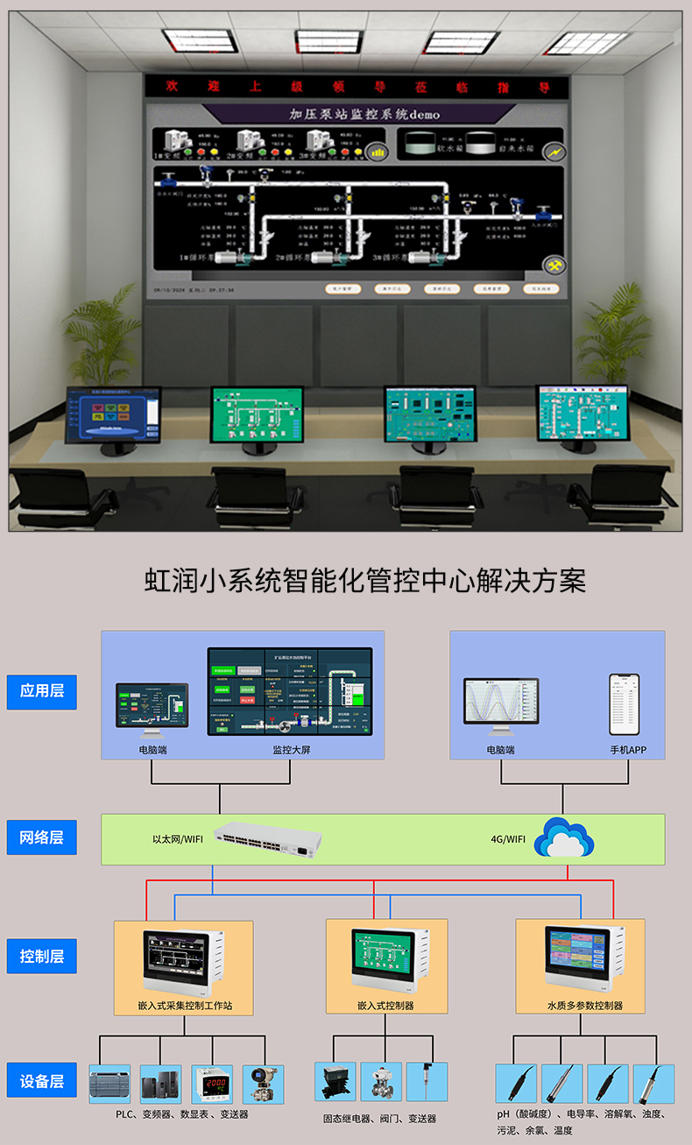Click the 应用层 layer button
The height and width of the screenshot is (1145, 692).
pos(41,691)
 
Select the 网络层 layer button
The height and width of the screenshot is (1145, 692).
pos(41,838)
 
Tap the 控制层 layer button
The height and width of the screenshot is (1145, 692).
pos(41,956)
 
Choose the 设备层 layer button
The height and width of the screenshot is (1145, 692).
pos(41,1081)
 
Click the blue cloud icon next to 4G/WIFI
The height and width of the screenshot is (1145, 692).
pos(564,838)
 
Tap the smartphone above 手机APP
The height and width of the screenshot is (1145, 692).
pos(625,704)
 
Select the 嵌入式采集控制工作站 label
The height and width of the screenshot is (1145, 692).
pos(184,1006)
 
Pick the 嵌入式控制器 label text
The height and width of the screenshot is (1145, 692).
pos(386,1006)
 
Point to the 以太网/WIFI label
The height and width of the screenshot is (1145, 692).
pos(178,839)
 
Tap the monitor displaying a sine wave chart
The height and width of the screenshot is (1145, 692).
pos(501,703)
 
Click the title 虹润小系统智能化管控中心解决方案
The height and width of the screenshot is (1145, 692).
pos(364,581)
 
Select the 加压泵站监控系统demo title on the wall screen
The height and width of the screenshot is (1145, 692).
pos(364,115)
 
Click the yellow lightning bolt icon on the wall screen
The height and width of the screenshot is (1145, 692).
pos(554,152)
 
